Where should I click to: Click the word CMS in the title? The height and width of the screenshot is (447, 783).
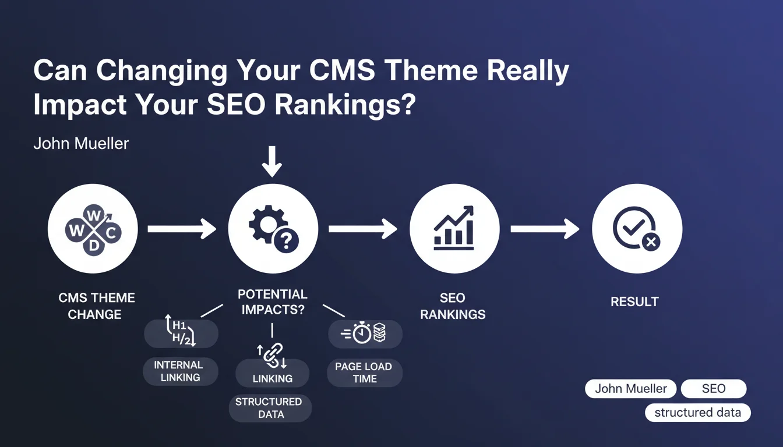(342, 70)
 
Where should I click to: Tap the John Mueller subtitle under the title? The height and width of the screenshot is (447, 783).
(81, 144)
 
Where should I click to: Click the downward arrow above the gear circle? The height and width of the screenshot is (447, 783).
(272, 162)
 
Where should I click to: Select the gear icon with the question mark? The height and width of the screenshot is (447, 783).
(274, 229)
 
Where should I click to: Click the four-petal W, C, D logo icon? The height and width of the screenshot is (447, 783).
(93, 230)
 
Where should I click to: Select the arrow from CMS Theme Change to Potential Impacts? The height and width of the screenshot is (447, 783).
(182, 229)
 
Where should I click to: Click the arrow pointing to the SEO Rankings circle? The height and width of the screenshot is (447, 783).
(363, 229)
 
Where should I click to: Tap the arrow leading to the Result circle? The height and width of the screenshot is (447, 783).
(545, 229)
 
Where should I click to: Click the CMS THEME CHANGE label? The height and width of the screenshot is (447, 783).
(96, 306)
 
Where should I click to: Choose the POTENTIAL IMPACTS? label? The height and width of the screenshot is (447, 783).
(273, 301)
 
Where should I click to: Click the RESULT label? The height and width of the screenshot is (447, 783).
(634, 301)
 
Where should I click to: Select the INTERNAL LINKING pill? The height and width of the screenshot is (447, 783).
(181, 371)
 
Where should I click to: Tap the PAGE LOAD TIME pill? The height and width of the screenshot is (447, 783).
(365, 372)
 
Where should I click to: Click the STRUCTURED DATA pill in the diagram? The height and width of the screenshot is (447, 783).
(270, 408)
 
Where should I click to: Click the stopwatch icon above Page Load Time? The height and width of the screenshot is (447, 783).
(362, 333)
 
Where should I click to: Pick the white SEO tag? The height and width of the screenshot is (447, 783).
(714, 389)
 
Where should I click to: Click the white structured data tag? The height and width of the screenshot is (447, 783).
(698, 413)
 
